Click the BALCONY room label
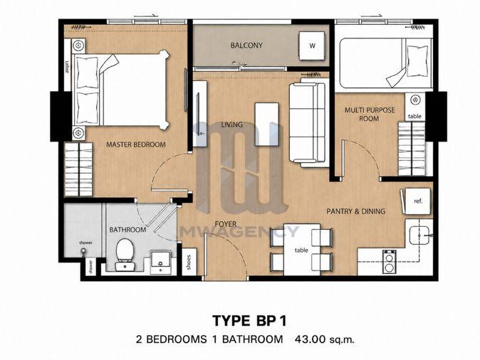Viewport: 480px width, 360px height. coord(246,46)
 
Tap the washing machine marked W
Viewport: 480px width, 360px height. coord(312,46)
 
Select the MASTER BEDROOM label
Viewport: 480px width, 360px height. coord(135,144)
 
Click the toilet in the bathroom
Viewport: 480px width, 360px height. coord(125,255)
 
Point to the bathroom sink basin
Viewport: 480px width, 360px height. coord(160,262)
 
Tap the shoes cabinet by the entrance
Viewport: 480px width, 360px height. coord(189,262)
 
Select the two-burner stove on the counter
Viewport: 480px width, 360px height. coord(390,262)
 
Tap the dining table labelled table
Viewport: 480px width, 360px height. coord(301,250)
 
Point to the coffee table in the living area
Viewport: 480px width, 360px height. coord(266,125)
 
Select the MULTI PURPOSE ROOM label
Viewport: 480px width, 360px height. coord(370,114)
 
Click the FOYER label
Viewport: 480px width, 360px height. coord(226,224)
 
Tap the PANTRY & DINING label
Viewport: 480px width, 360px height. coord(355,211)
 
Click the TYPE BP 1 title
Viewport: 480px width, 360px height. coord(249,321)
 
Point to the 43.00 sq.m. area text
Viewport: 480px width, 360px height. coord(325,339)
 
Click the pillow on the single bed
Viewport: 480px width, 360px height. coord(417,61)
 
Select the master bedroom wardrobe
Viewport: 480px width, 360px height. coord(78,169)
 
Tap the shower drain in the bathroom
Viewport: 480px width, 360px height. coord(83,250)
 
